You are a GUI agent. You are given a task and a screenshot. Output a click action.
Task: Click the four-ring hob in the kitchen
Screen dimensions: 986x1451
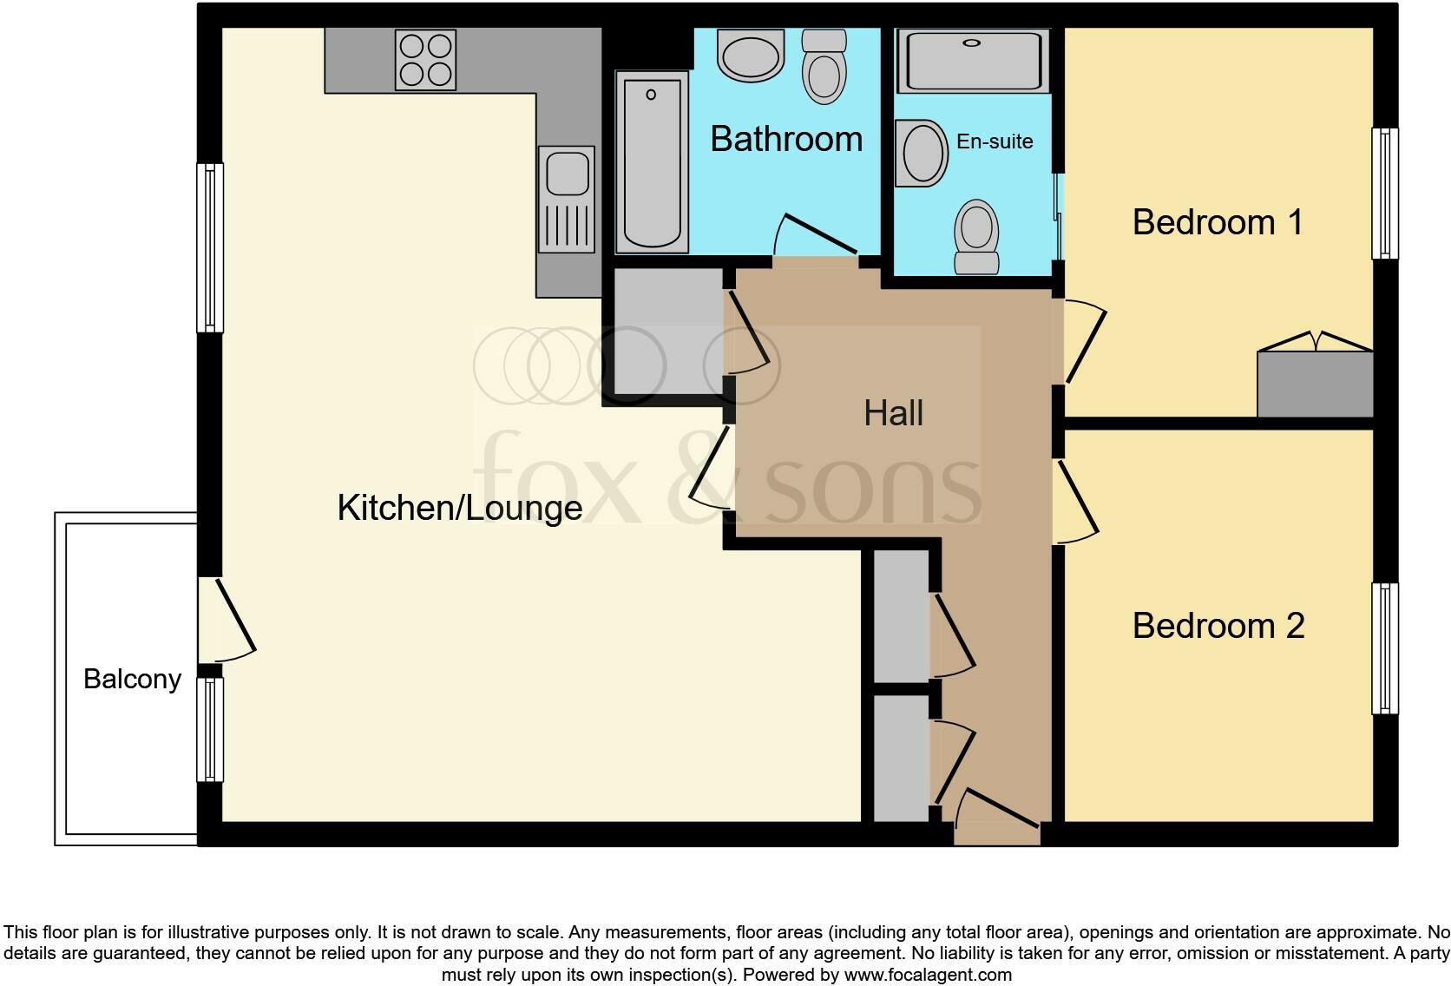click(425, 60)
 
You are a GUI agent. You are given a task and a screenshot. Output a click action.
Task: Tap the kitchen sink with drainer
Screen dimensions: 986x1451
click(567, 199)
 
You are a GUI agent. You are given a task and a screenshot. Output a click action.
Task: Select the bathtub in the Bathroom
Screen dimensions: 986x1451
click(652, 161)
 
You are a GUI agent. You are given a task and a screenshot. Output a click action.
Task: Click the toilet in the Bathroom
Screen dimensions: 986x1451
click(824, 66)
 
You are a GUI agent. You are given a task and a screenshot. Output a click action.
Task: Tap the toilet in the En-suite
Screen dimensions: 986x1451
click(976, 235)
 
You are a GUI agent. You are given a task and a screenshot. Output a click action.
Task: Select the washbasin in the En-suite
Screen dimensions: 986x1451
click(922, 153)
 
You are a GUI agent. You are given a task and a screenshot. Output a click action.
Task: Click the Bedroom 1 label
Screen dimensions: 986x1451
click(1217, 222)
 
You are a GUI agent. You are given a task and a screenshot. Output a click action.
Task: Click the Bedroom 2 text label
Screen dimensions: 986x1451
click(1218, 626)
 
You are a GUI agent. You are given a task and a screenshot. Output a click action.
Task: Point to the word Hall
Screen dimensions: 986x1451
click(893, 413)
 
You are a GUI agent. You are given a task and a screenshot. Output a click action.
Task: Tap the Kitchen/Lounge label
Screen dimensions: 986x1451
click(459, 508)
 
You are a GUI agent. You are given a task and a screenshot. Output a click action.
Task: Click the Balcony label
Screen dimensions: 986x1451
click(132, 679)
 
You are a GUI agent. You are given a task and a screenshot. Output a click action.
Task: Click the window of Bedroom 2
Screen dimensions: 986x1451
click(1385, 648)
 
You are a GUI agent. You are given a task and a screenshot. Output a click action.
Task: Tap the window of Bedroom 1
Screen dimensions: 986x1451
click(1385, 194)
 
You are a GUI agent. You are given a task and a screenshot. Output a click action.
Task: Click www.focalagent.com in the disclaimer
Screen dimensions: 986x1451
click(927, 975)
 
